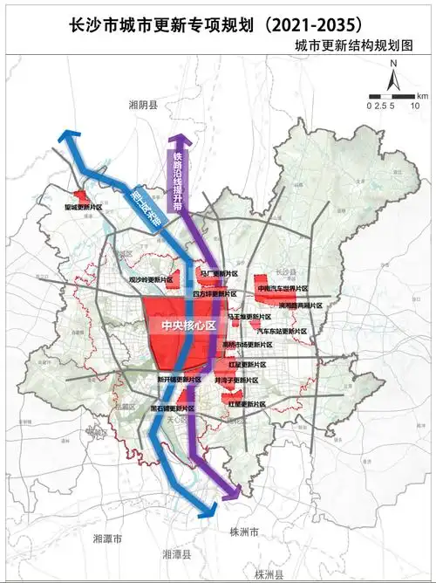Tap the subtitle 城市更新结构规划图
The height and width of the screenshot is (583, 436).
click(x=352, y=44)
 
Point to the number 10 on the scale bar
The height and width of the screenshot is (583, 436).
click(x=415, y=105)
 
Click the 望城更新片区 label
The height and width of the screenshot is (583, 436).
click(x=84, y=208)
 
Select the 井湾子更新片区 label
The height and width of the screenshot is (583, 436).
click(x=236, y=381)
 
